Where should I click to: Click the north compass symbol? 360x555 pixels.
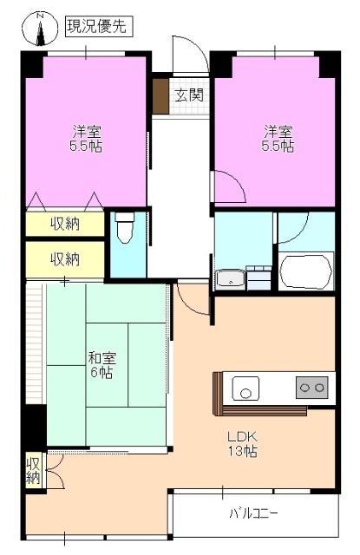point(41,28)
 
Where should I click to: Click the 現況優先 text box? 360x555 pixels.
point(97,27)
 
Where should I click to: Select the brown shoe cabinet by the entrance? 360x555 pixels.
point(160,96)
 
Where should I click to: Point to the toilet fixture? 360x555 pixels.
point(125,230)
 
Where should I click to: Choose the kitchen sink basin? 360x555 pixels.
point(245,390)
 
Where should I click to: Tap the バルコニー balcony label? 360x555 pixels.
point(253,513)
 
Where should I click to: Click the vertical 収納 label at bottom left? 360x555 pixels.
point(34,469)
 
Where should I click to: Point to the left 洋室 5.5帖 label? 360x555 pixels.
point(87,139)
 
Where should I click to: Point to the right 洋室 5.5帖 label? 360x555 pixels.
point(278,139)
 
